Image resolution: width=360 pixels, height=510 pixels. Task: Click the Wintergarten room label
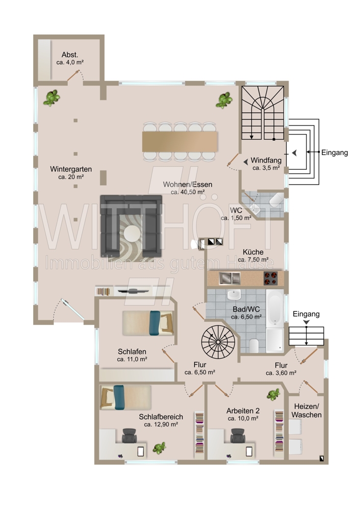coord(71,169)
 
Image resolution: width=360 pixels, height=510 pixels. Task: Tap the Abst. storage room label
coord(70,55)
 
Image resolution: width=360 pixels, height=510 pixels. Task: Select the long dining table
coord(180,141)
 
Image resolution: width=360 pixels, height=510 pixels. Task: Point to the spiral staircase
coord(218,342)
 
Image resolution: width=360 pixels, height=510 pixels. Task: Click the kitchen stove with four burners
coord(270,278)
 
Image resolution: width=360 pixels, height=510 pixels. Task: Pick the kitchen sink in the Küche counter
coord(229,278)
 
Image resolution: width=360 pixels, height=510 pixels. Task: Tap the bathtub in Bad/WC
coord(275,308)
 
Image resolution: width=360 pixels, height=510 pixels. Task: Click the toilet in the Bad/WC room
coord(254,345)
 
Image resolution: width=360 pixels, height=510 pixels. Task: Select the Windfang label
coord(266,160)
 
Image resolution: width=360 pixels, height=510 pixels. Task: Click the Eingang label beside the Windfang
coord(335,152)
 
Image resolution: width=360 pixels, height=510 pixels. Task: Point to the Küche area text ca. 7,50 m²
coord(253,260)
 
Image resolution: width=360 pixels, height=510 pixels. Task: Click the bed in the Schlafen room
coord(148,323)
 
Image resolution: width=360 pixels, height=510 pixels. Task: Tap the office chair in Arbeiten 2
coord(238,435)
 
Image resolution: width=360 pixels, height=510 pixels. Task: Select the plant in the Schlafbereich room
coord(160,448)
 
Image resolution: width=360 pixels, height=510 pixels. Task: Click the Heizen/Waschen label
coord(306,411)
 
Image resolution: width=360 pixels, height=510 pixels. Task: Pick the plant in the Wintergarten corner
coord(52,97)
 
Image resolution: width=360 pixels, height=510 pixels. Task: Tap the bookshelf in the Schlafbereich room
coord(199,432)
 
